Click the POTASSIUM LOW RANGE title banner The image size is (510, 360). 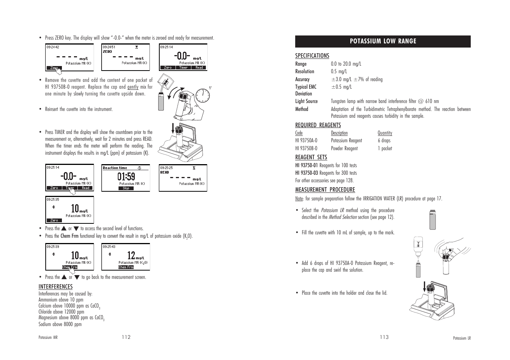pyautogui.click(x=383, y=42)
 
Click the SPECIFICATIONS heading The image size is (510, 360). pyautogui.click(x=312, y=56)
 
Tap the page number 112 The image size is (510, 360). pyautogui.click(x=126, y=337)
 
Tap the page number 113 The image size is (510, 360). pyautogui.click(x=384, y=337)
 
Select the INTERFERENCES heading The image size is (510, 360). pyautogui.click(x=55, y=287)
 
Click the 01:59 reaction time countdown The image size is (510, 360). pyautogui.click(x=126, y=176)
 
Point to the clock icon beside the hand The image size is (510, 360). pyautogui.click(x=203, y=95)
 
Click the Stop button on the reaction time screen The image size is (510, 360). pyautogui.click(x=126, y=188)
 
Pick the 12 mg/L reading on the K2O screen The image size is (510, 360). pyautogui.click(x=131, y=256)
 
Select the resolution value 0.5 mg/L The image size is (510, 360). pyautogui.click(x=339, y=72)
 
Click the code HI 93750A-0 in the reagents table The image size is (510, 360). pyautogui.click(x=306, y=141)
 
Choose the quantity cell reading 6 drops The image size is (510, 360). pyautogui.click(x=384, y=141)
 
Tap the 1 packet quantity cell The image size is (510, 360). pyautogui.click(x=385, y=149)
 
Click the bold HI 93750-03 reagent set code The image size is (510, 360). pyautogui.click(x=307, y=173)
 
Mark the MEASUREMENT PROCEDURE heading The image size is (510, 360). pyautogui.click(x=325, y=190)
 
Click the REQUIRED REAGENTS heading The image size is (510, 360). pyautogui.click(x=318, y=125)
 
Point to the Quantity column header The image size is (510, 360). pyautogui.click(x=385, y=133)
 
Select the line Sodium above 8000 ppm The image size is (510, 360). pyautogui.click(x=60, y=324)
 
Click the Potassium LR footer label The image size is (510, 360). pyautogui.click(x=462, y=338)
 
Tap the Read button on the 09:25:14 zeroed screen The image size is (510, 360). pyautogui.click(x=199, y=68)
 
